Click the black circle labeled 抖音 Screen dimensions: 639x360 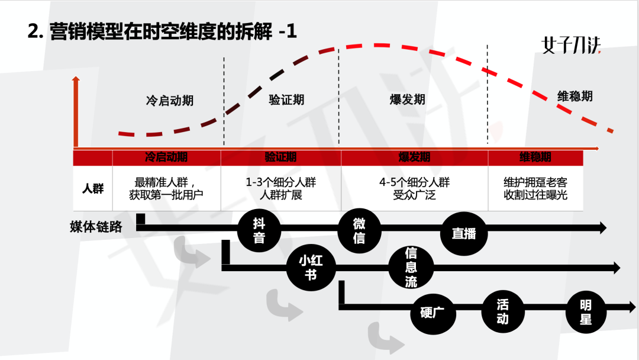[259, 230]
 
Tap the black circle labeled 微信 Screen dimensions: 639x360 [359, 230]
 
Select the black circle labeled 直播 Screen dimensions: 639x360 [463, 233]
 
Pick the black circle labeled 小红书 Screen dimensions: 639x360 [311, 266]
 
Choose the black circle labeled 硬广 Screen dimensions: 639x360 [432, 312]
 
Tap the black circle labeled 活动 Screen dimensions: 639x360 [502, 311]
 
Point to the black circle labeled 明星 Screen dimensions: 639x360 [585, 312]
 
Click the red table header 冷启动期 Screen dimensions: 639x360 [166, 157]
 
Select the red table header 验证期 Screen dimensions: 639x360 [280, 157]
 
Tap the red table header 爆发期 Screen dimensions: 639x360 [414, 157]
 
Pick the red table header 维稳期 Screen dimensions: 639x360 [535, 157]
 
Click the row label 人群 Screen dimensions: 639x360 [93, 189]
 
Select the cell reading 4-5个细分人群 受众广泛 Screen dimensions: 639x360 [414, 189]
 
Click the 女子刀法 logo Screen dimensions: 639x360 [572, 46]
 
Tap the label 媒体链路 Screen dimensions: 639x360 [96, 227]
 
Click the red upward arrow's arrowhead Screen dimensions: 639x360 [76, 81]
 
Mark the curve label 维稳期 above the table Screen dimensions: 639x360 [575, 96]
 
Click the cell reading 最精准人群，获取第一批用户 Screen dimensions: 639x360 [166, 189]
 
